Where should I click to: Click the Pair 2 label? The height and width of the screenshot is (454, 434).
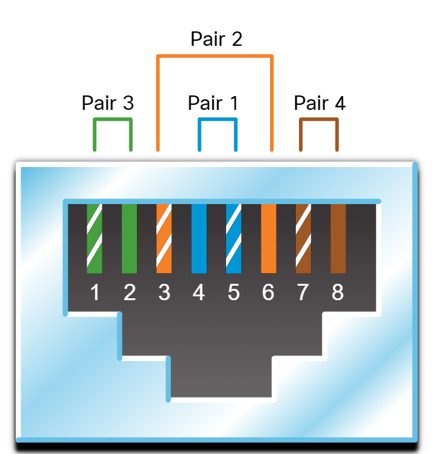[x=216, y=40]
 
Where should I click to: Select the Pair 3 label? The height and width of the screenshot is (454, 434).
[x=107, y=103]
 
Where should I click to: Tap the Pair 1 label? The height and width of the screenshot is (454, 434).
[x=214, y=103]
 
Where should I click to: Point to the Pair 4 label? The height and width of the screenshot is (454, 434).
[x=320, y=103]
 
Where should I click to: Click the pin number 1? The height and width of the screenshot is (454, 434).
[x=95, y=292]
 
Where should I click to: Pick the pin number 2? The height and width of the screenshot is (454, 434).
[x=129, y=292]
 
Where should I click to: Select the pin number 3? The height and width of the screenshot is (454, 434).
[x=165, y=292]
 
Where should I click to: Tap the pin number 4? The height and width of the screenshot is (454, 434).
[x=198, y=292]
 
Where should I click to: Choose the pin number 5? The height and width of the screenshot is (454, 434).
[x=234, y=292]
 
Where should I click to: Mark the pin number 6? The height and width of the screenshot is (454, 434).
[x=268, y=292]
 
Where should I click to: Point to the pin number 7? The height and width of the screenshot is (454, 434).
[x=303, y=292]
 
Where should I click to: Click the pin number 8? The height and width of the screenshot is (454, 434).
[x=338, y=292]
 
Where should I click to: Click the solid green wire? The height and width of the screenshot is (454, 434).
[x=129, y=239]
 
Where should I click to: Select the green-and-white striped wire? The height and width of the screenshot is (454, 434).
[x=95, y=239]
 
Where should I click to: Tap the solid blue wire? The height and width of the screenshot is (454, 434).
[x=199, y=239]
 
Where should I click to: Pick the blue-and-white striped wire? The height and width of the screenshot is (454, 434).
[x=234, y=239]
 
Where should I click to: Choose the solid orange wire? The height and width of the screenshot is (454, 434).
[x=268, y=239]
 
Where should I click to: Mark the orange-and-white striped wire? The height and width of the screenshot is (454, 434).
[x=164, y=239]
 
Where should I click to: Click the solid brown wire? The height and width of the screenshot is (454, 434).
[x=338, y=239]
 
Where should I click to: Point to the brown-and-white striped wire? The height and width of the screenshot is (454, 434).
[x=303, y=239]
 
